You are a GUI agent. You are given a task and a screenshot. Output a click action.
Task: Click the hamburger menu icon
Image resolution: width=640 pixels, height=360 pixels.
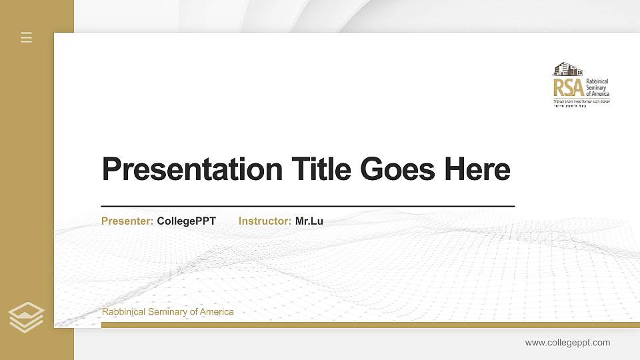click(x=27, y=37)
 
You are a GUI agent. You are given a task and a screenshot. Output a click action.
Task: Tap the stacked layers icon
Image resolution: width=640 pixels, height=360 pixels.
click(x=27, y=317)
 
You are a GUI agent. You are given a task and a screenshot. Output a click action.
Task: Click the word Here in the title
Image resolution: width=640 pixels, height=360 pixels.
click(x=477, y=169)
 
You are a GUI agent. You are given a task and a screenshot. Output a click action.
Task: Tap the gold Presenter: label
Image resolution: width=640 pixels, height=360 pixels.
click(x=127, y=221)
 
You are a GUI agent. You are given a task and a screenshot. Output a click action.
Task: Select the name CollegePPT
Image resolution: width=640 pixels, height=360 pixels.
click(x=187, y=221)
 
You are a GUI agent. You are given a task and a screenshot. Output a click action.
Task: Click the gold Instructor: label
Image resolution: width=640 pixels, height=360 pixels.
click(x=265, y=221)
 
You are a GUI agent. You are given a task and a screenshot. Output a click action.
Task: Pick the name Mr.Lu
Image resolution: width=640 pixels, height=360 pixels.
click(x=309, y=221)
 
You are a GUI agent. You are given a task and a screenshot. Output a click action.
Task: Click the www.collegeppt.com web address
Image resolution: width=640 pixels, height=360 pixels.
click(x=567, y=343)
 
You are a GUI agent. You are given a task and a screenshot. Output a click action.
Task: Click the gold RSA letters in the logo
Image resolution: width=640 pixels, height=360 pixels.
click(x=568, y=87)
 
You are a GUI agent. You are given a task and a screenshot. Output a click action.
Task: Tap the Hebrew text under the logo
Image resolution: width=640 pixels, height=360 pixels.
click(x=581, y=103)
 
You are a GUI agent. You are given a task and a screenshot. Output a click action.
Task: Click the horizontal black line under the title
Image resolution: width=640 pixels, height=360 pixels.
click(x=307, y=207)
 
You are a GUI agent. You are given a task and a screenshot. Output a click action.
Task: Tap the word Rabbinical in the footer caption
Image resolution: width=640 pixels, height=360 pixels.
click(x=123, y=312)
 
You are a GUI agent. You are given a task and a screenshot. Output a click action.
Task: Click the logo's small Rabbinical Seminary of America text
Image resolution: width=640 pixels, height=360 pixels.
click(x=597, y=87)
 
